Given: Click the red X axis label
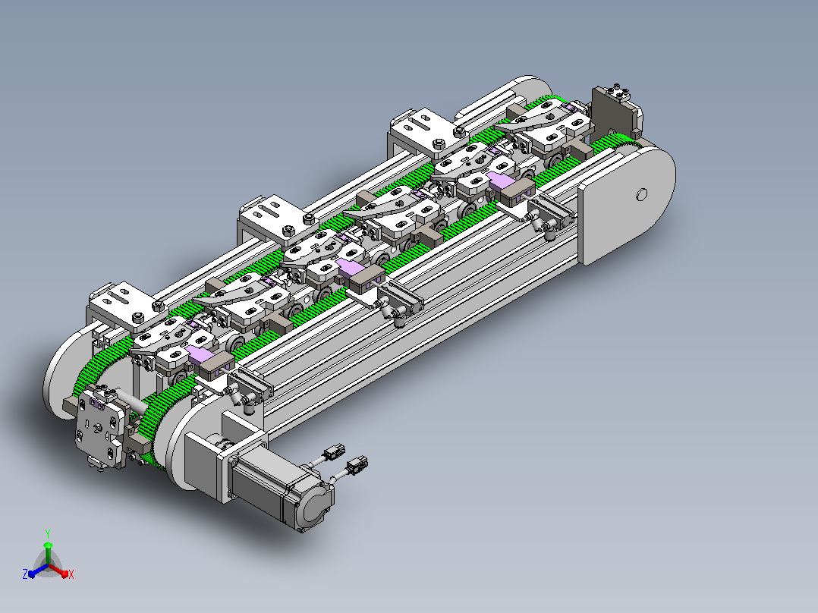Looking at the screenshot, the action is pyautogui.click(x=71, y=574).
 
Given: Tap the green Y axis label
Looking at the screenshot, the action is pyautogui.click(x=48, y=533).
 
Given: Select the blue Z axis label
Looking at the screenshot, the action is pyautogui.click(x=25, y=574).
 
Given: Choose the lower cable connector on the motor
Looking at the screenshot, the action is pyautogui.click(x=357, y=464).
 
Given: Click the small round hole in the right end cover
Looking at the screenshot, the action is pyautogui.click(x=642, y=194).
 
